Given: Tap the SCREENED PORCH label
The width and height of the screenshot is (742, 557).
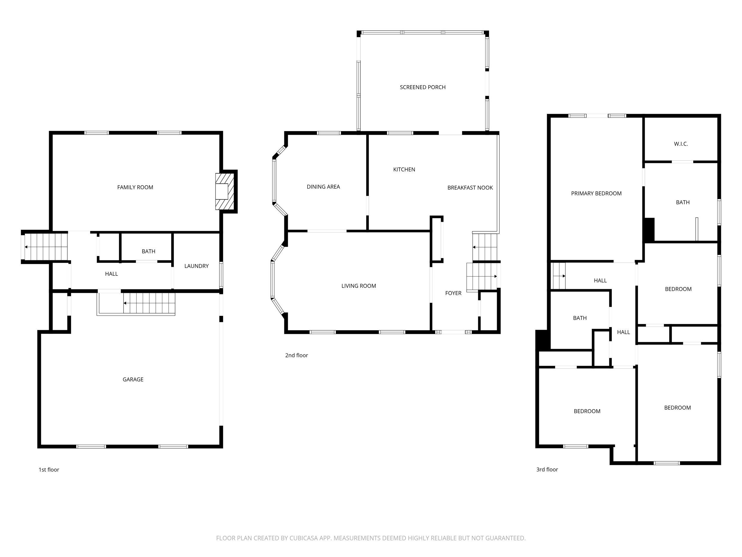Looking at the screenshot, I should tap(422, 87).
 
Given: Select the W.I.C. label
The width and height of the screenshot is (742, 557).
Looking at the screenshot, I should tap(681, 144).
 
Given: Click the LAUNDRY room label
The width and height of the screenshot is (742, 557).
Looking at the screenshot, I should tap(196, 266).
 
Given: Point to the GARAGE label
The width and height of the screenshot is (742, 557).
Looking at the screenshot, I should tap(133, 379).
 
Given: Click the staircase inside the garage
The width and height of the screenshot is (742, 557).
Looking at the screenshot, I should tap(149, 303).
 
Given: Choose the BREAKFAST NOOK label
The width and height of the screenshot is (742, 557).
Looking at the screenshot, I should tap(470, 188).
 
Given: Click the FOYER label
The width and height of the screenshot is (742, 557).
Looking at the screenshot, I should tap(453, 293).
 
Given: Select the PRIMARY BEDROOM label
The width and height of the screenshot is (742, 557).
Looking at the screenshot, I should tap(596, 193).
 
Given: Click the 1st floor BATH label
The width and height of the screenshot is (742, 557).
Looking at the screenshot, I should tap(148, 251).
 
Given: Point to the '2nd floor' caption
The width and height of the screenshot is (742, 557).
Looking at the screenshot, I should tap(296, 355).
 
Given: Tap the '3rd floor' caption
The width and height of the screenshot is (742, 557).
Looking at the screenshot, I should tap(547, 469).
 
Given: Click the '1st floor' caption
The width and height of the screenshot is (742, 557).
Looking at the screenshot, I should tap(49, 469).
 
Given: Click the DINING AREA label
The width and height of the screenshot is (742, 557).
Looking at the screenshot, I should tap(323, 187).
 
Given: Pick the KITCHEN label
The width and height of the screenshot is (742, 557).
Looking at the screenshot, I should tap(404, 170).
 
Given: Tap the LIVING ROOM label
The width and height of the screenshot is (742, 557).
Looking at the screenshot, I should tap(358, 286).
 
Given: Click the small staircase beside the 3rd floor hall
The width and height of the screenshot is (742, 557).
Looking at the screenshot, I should tap(559, 276).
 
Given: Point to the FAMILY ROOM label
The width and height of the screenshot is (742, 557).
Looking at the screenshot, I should tap(135, 187).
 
